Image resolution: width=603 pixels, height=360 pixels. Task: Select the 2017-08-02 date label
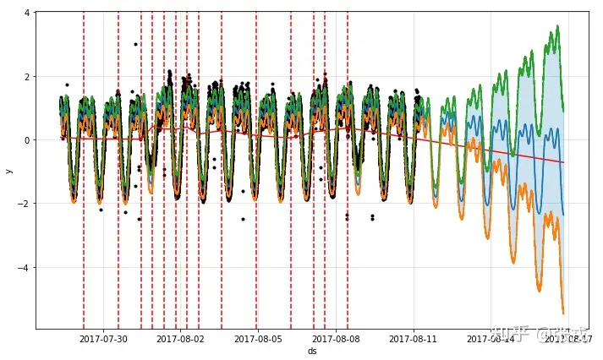tap(181, 339)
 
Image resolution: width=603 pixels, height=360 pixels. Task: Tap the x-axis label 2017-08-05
tap(258, 339)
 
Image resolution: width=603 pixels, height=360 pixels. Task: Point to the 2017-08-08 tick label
tap(336, 339)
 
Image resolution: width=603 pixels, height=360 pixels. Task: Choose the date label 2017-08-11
tap(414, 339)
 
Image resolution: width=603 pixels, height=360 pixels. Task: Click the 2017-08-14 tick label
tap(491, 339)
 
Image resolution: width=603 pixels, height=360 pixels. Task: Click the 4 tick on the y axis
tap(28, 13)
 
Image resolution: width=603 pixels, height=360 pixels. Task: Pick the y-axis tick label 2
tap(28, 77)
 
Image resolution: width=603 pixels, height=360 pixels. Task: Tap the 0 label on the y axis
tap(28, 140)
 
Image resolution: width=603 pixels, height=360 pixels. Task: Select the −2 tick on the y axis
tap(25, 205)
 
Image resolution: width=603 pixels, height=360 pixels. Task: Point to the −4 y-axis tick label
tap(25, 268)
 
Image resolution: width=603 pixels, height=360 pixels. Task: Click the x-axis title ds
tap(312, 351)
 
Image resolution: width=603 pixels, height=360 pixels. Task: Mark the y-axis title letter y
tap(8, 171)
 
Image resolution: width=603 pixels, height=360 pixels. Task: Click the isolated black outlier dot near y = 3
tap(135, 44)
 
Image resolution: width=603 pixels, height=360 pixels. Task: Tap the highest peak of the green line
tap(556, 26)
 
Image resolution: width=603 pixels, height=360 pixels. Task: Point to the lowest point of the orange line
tap(563, 314)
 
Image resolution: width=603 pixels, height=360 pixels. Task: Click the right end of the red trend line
tap(563, 162)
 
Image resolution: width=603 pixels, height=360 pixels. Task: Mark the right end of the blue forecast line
tap(563, 215)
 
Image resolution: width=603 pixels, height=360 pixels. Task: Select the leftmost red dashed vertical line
tap(84, 169)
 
